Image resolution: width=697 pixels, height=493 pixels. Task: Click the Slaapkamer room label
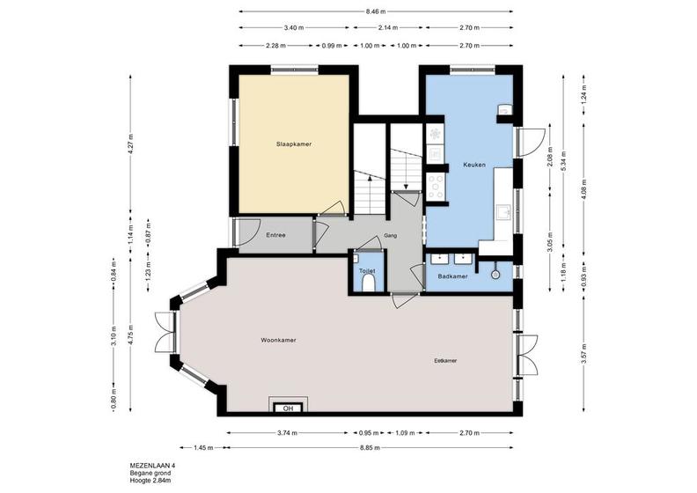(x=294, y=144)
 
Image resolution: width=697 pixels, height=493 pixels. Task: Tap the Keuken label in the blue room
(x=474, y=165)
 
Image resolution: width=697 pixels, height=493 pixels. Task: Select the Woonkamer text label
(x=278, y=340)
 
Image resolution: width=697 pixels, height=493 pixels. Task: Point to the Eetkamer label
(x=445, y=361)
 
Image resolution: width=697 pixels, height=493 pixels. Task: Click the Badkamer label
(x=452, y=276)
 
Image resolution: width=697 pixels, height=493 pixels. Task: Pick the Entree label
(x=275, y=235)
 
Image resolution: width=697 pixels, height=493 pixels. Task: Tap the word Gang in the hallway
(x=391, y=236)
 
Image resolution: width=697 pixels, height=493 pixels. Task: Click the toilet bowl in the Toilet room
(x=369, y=283)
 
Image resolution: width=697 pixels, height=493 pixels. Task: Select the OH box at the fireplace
(x=288, y=408)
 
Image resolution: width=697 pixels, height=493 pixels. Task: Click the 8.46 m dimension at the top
(x=376, y=11)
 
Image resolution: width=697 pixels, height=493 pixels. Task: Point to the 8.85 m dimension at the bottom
(x=370, y=447)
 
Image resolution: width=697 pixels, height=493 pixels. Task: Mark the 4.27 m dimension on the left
(x=130, y=143)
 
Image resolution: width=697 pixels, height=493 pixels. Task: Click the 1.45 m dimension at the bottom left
(x=203, y=447)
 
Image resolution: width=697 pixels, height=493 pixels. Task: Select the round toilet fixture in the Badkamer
(x=496, y=275)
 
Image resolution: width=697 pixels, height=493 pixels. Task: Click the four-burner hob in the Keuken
(x=435, y=186)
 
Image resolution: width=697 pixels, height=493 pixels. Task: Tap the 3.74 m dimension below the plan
(x=287, y=432)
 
